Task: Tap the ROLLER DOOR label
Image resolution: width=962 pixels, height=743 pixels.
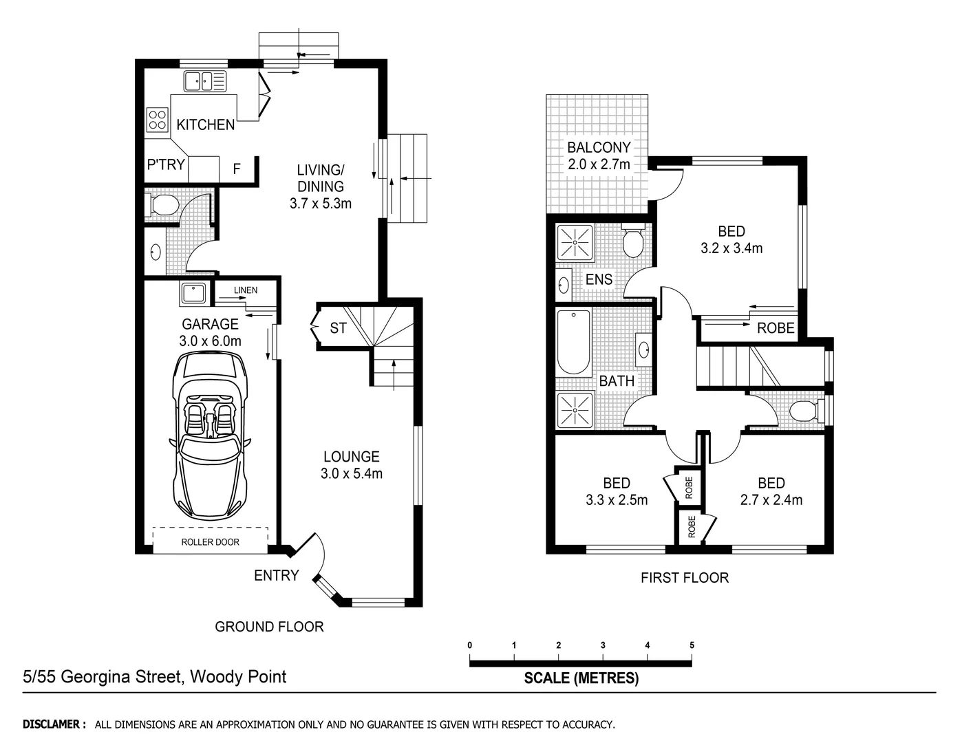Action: click(x=210, y=542)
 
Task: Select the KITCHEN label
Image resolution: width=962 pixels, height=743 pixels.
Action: click(x=205, y=125)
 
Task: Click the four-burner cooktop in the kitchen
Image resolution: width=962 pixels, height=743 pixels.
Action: click(x=157, y=120)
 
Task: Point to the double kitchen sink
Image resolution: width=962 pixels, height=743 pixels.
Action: click(x=204, y=82)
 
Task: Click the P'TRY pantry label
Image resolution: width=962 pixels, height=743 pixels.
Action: click(x=166, y=164)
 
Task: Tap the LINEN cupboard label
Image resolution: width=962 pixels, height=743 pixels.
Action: click(x=246, y=290)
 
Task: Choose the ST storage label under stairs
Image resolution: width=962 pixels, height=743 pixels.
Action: click(x=338, y=328)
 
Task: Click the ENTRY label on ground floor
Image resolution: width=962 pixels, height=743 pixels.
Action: click(x=276, y=576)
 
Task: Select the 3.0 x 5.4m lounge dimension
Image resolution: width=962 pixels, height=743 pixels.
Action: click(x=352, y=473)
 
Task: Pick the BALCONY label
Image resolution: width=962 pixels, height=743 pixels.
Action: click(x=598, y=147)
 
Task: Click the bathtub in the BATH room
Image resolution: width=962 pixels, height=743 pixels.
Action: click(x=573, y=341)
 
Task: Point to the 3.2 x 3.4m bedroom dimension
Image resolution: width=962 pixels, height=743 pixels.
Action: click(x=731, y=248)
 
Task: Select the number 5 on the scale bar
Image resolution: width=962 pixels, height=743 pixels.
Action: click(x=692, y=645)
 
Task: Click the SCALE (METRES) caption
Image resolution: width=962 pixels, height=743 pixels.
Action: click(x=581, y=678)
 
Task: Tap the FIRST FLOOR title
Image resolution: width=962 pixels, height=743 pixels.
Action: click(x=684, y=578)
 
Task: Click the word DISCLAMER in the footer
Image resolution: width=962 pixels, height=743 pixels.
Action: click(x=54, y=724)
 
